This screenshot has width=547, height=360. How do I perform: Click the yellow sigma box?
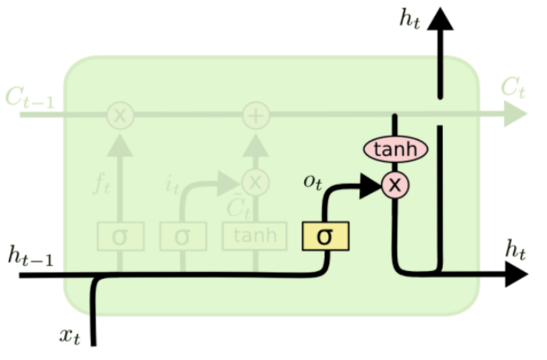coord(324,236)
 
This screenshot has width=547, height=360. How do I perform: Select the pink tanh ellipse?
coord(395,149)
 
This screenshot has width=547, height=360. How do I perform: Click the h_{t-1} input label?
coord(31,256)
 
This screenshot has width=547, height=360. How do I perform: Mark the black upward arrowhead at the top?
coord(440,18)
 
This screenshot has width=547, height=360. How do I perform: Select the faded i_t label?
coord(172,183)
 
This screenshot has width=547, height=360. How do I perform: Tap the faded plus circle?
coord(256,116)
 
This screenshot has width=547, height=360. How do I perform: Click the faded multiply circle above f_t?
coord(120,116)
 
